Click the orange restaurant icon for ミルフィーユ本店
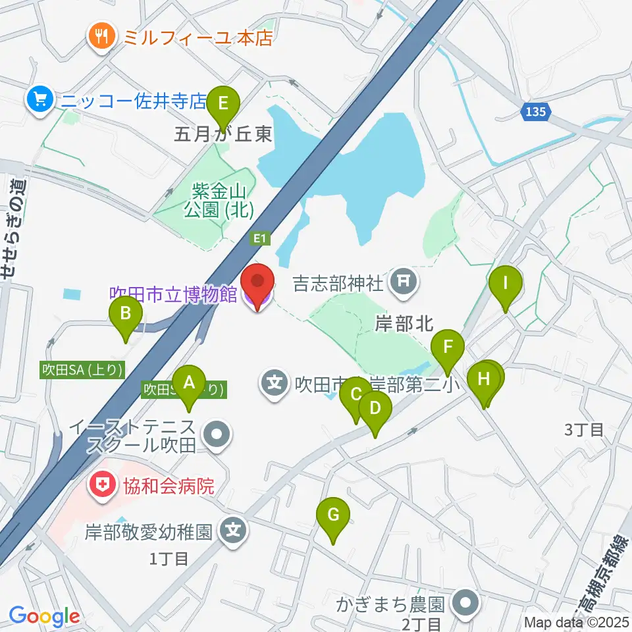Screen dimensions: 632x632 101,37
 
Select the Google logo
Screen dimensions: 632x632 44,617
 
